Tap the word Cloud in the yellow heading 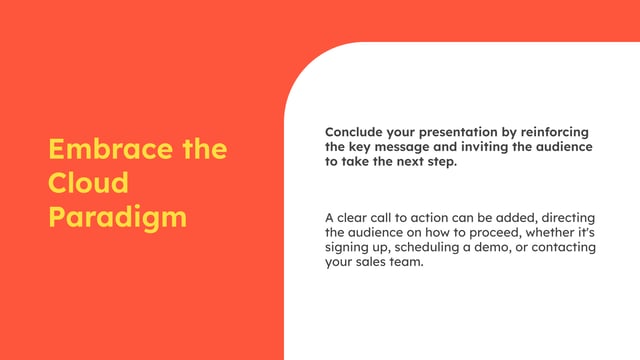pyautogui.click(x=89, y=184)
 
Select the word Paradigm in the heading pyautogui.click(x=118, y=217)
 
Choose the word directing pyautogui.click(x=564, y=218)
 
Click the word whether pyautogui.click(x=547, y=233)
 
